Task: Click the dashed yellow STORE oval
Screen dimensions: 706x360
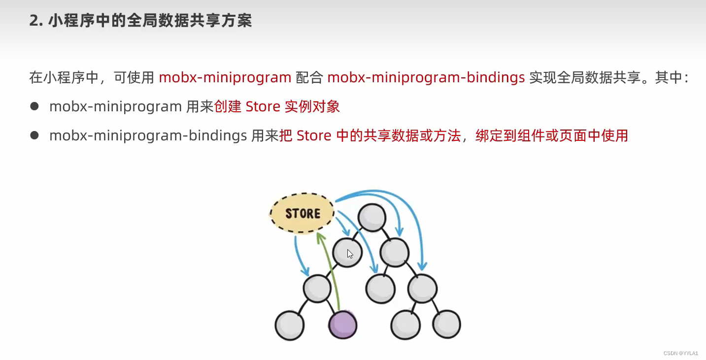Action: click(302, 213)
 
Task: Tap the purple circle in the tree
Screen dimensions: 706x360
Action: click(342, 325)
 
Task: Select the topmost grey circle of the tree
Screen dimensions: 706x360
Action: click(371, 216)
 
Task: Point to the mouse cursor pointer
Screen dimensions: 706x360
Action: click(350, 254)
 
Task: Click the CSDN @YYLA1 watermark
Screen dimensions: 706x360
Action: click(681, 353)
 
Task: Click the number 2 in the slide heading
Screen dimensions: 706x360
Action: click(34, 21)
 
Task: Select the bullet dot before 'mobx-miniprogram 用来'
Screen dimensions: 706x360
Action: click(34, 106)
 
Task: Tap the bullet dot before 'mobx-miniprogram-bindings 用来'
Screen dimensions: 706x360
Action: click(34, 135)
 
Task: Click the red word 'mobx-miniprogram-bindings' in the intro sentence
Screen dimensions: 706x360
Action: click(426, 78)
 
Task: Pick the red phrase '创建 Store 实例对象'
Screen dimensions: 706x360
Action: click(277, 106)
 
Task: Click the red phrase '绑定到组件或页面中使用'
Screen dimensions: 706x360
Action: click(551, 135)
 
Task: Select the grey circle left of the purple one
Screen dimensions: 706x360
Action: click(289, 325)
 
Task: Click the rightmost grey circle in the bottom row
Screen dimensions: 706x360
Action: click(446, 324)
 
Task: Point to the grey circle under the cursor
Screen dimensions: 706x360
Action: click(347, 253)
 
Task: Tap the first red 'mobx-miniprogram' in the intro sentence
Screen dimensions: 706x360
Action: click(225, 78)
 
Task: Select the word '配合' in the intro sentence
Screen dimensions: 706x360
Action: click(309, 78)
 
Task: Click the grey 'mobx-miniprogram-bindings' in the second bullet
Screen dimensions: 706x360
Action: click(148, 135)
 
